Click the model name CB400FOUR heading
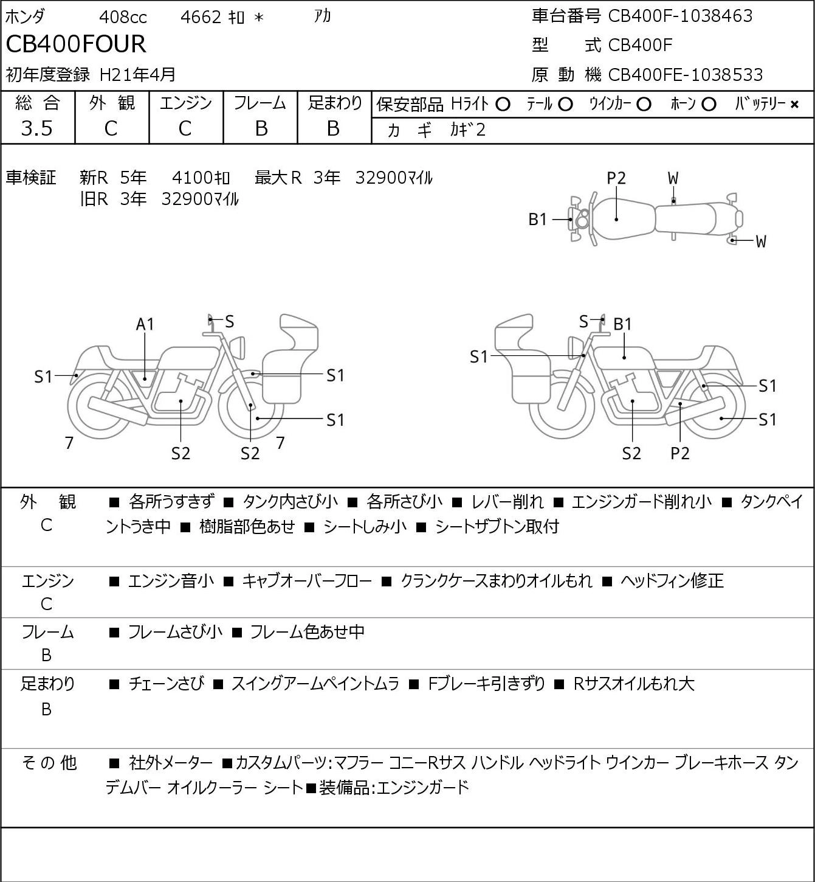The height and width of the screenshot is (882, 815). point(76,44)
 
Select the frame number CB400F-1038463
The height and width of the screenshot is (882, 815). point(680,16)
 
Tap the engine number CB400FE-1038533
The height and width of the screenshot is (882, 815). point(686,75)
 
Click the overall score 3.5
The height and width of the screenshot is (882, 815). point(37,128)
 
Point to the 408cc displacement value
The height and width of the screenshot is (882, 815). point(123,17)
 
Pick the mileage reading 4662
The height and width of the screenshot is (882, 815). point(201,17)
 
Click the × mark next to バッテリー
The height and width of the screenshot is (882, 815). point(794,105)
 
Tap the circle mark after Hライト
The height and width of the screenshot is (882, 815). point(503,105)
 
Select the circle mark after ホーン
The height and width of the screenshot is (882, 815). point(709,105)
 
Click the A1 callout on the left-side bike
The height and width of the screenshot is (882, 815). point(145,324)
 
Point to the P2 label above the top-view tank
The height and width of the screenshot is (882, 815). point(616,178)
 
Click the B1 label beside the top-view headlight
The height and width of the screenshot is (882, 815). point(538,220)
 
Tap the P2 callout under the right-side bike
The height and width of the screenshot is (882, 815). point(679,453)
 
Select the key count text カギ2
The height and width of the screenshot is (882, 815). point(468,130)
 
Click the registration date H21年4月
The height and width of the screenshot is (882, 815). point(137,75)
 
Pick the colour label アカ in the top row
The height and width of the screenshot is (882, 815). point(323,16)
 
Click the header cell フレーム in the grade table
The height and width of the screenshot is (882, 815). point(260,103)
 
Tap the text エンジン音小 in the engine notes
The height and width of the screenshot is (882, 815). point(171,581)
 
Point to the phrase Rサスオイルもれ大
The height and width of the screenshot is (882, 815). point(634,684)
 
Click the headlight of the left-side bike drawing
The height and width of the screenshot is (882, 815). point(238,348)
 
